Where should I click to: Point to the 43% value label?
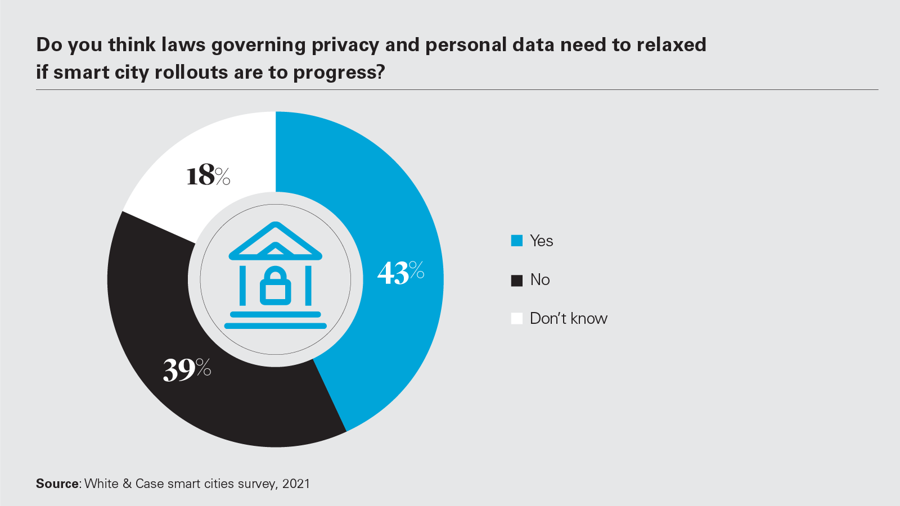400,273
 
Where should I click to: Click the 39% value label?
187,369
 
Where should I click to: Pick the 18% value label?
208,175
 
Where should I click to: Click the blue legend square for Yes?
516,241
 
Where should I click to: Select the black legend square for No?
516,280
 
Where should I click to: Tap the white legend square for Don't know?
516,319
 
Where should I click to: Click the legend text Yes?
541,241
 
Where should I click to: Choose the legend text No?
540,279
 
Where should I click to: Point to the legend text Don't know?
568,318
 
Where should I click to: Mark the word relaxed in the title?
671,44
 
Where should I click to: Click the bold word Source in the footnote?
57,484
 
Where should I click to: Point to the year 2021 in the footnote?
296,484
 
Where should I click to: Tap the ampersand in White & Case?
127,484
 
